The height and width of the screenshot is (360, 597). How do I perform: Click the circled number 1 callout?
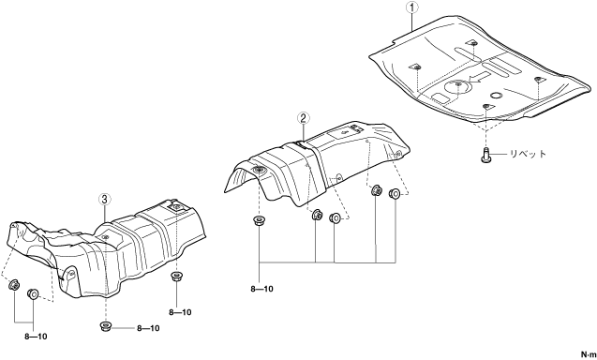click(x=412, y=7)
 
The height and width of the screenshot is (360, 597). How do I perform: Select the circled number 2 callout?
click(x=303, y=118)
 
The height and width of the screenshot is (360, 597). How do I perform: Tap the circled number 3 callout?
click(x=105, y=199)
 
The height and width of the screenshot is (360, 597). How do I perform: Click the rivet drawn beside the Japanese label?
click(x=485, y=156)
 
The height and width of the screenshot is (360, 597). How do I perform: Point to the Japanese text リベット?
click(x=528, y=154)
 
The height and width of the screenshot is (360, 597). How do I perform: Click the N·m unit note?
click(x=589, y=354)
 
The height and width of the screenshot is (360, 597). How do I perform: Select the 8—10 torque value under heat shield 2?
click(x=262, y=289)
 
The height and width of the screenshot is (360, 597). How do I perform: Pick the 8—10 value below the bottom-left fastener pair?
click(x=36, y=337)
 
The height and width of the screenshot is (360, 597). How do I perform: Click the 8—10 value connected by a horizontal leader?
click(x=148, y=328)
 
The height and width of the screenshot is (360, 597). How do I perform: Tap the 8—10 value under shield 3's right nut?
click(x=180, y=312)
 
